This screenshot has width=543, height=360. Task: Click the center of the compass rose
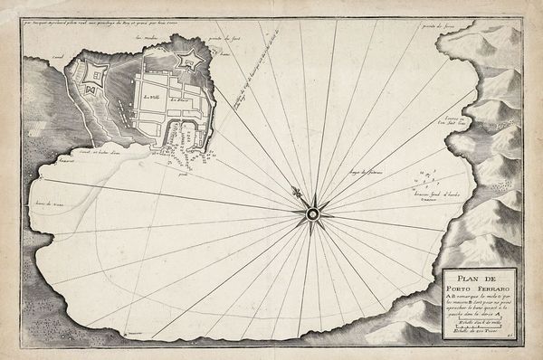click(311, 213)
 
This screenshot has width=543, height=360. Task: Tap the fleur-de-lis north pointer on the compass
click(296, 193)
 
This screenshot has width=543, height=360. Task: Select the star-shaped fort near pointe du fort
click(191, 62)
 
